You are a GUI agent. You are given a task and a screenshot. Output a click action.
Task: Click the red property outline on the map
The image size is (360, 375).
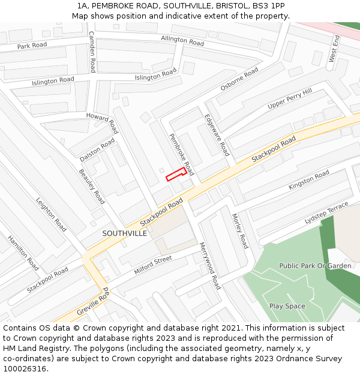point(175,174)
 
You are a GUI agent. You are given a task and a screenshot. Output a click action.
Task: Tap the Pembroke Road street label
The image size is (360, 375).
point(181,151)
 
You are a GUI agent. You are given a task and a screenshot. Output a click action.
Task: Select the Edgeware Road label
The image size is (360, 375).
point(217,136)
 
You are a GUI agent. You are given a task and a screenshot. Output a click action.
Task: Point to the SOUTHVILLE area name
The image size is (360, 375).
point(124,233)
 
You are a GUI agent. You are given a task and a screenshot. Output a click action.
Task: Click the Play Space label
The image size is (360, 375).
point(287,306)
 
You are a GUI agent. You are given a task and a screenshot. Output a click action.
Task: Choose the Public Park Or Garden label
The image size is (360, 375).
point(315,266)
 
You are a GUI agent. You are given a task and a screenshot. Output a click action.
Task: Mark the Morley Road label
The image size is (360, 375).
point(239,231)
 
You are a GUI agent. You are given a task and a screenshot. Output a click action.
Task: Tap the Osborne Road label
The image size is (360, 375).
point(239,79)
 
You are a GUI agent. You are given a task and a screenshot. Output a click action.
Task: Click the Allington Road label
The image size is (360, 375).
point(182,41)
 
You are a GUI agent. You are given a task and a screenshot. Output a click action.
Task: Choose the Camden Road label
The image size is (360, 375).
point(92,52)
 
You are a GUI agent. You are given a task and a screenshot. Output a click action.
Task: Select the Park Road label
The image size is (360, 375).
point(32,46)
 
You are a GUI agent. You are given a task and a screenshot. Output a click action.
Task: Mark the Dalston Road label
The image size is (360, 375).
point(97,150)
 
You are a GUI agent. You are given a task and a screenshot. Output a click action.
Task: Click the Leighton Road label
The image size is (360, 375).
point(51,215)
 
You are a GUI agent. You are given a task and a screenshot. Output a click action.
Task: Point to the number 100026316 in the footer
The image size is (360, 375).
point(24,369)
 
